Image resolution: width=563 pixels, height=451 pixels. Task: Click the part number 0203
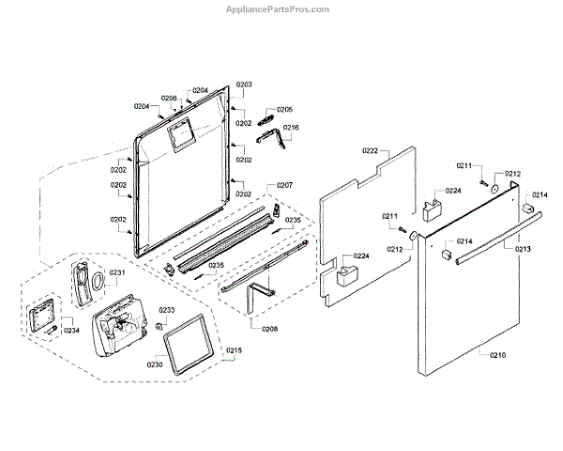point(244,85)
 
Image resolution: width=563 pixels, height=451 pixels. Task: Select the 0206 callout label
point(169,98)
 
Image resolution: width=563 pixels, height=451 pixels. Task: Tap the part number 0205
point(284,110)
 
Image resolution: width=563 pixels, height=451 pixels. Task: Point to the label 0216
point(292,128)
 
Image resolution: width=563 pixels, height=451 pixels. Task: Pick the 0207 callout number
point(284,185)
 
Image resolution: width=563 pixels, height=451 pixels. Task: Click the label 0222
point(371,151)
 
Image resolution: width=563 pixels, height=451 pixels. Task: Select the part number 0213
point(523,249)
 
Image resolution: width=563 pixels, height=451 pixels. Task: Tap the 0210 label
point(497,354)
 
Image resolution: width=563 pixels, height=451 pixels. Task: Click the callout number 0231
point(117,272)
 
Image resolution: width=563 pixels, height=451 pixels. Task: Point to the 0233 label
point(166,310)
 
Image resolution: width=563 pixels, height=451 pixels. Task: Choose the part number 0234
point(71,329)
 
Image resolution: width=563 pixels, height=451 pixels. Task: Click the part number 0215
point(234,350)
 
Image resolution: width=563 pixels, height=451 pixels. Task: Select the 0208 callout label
point(269,329)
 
